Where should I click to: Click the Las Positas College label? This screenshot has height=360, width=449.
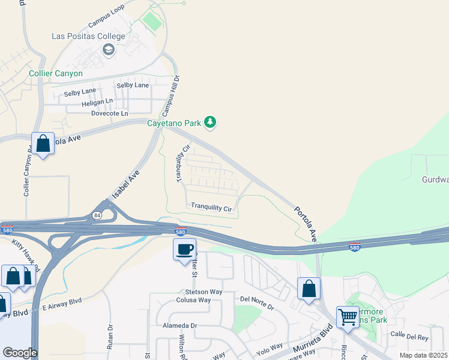coord(88,36)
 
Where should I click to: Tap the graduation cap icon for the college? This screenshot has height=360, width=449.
coord(108,49)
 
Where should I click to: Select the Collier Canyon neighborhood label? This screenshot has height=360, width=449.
coord(56,74)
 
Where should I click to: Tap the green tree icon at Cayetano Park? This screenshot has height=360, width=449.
coord(209,122)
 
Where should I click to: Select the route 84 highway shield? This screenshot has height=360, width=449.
coord(97,215)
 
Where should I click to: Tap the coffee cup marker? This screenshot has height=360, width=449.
coord(185,249)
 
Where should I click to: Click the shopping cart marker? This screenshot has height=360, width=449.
coord(348,317)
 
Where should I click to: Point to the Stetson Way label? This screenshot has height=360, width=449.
coord(203,292)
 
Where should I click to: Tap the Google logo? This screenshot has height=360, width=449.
coord(20,353)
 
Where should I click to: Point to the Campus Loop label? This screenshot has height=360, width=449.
coord(106,17)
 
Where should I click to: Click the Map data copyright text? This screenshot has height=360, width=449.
coord(424,355)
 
